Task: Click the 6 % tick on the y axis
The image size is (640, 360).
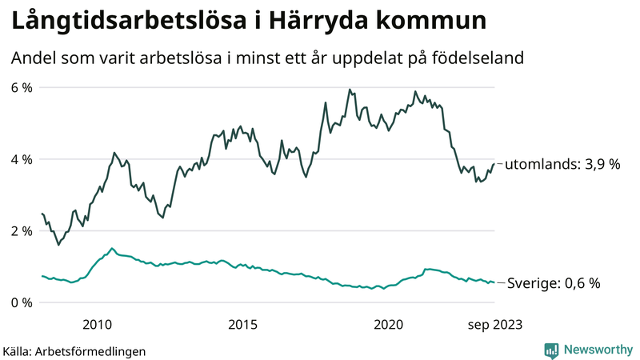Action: (21, 87)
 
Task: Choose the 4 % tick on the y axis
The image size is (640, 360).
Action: (21, 159)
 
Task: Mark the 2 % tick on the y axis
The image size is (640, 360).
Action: (21, 230)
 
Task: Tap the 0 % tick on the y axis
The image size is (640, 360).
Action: (21, 302)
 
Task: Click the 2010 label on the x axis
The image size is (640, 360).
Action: (97, 324)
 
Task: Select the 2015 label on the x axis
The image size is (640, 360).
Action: (242, 324)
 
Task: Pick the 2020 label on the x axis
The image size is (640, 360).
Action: (388, 324)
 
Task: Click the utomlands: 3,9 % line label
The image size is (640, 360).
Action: (563, 164)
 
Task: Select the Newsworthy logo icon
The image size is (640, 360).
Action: (551, 350)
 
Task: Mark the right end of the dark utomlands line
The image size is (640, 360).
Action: (494, 163)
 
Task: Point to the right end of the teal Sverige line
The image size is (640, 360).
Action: (494, 282)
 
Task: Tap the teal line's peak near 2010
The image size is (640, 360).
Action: (112, 248)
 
